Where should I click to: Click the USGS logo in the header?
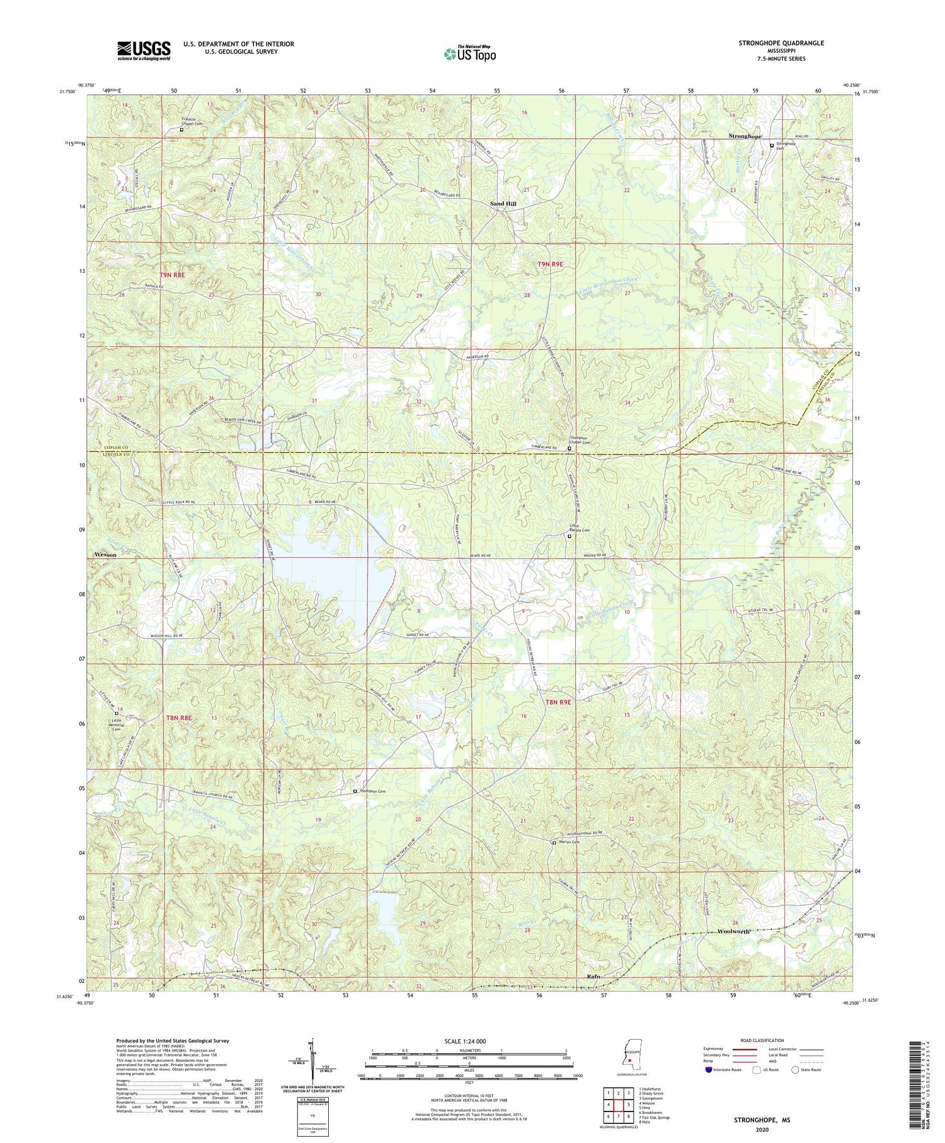pos(144,50)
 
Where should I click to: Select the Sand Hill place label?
pos(503,204)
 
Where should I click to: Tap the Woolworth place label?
pos(734,931)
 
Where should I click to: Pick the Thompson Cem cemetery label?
pos(372,791)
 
